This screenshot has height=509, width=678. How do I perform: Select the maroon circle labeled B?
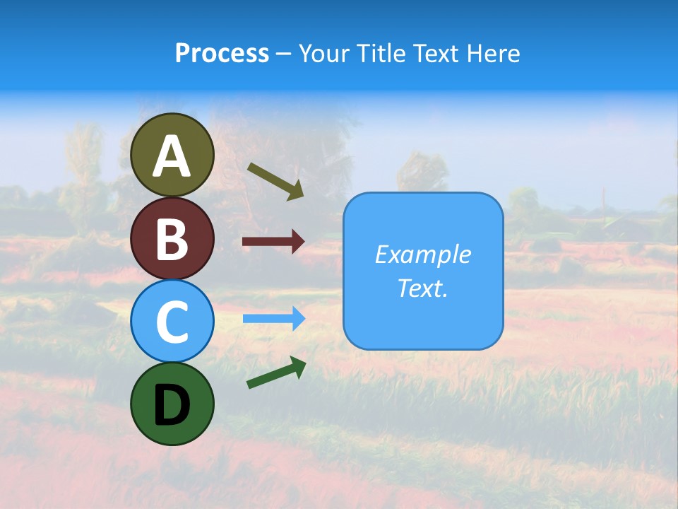click(172, 238)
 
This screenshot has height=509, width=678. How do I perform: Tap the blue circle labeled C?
click(172, 321)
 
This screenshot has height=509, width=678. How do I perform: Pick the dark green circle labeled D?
click(172, 404)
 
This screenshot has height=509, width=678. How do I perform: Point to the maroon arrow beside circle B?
click(273, 242)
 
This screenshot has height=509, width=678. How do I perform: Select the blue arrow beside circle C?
click(273, 319)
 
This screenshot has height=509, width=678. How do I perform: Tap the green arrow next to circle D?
click(276, 373)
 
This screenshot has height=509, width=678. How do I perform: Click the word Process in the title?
click(222, 53)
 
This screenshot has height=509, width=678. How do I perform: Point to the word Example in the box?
click(423, 255)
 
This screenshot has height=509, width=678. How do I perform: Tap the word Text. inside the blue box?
click(423, 288)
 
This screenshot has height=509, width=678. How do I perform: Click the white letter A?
click(172, 156)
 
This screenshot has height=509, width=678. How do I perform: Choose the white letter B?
click(172, 239)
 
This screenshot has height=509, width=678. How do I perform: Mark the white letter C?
click(172, 322)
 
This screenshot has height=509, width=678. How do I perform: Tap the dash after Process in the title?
click(283, 54)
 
